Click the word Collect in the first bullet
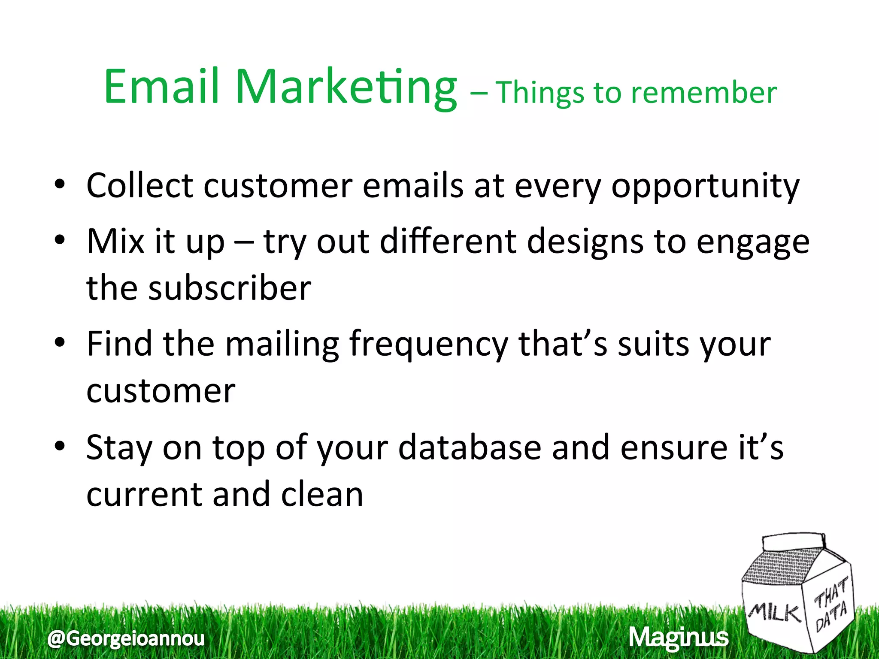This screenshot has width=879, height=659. (x=139, y=185)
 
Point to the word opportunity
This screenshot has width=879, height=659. (x=705, y=187)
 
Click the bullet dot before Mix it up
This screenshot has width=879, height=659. (x=60, y=240)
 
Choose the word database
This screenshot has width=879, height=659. (x=470, y=447)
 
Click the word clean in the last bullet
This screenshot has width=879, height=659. (x=322, y=494)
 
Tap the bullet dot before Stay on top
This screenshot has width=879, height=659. (x=60, y=446)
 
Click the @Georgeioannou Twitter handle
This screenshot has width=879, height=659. (x=126, y=638)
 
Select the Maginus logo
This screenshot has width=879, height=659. (x=679, y=638)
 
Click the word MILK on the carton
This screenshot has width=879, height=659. (x=775, y=613)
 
